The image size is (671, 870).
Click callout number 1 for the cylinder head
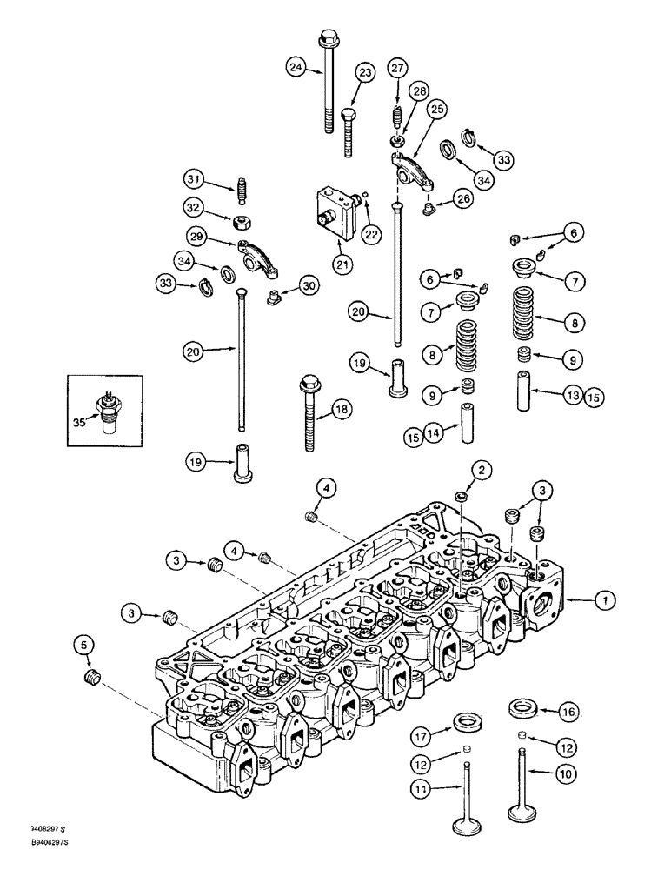606,599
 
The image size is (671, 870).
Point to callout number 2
481,471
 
